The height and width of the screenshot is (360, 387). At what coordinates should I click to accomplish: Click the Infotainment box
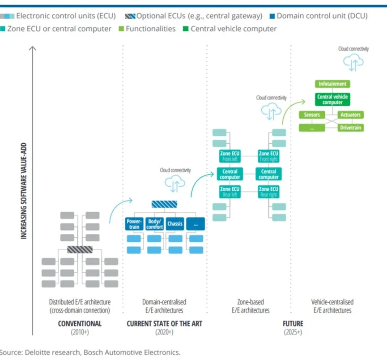click(x=332, y=84)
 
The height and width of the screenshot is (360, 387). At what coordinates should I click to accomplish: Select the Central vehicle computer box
click(x=332, y=99)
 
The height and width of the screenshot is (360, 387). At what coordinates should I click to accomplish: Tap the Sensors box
click(x=312, y=115)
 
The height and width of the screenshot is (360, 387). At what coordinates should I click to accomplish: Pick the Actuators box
click(x=350, y=115)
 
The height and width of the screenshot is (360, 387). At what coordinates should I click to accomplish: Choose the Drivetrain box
click(x=350, y=128)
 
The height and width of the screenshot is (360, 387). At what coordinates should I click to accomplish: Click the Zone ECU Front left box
click(x=230, y=156)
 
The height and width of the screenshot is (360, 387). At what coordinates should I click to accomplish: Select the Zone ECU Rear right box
click(x=268, y=192)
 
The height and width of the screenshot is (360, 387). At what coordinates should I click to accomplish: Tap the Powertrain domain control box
click(x=134, y=224)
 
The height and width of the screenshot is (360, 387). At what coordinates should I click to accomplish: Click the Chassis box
click(x=175, y=224)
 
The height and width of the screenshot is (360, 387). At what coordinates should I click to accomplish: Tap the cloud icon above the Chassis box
click(x=175, y=184)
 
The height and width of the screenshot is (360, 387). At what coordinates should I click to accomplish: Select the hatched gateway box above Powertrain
click(x=164, y=204)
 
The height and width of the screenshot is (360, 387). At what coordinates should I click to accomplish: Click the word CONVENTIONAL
click(x=80, y=324)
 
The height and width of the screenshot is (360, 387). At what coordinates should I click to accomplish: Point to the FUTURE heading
click(x=293, y=324)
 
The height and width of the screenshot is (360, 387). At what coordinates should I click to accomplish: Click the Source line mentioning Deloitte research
click(x=89, y=352)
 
